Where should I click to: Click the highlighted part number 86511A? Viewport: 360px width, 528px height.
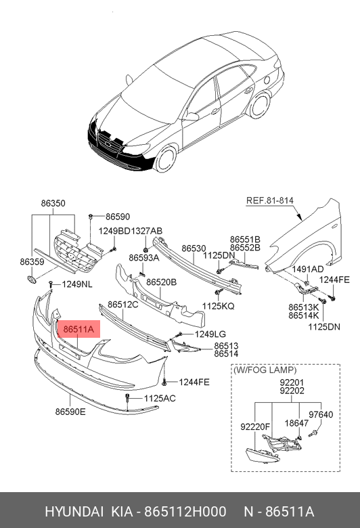coord(78,329)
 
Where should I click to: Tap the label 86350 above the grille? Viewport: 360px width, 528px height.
coord(53,203)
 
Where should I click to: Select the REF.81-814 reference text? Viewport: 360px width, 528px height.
coord(270,200)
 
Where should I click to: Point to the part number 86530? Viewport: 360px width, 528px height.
coord(194,248)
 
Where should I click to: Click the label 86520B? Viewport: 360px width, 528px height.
coord(161,282)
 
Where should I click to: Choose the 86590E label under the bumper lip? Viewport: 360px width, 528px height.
coord(70,412)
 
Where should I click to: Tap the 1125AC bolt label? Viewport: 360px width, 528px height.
coord(160,398)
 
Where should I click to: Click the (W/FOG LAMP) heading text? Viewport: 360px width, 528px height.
coord(265,370)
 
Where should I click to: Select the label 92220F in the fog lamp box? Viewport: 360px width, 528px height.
coord(255,426)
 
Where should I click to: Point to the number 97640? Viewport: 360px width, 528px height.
coord(321,414)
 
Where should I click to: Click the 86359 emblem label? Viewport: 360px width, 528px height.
coord(32,262)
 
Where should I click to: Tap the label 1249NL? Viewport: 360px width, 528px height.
coord(77,284)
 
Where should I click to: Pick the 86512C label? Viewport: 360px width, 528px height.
coord(123,305)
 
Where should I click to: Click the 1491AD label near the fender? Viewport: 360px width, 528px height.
coord(308,269)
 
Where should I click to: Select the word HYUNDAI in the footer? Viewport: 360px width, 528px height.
coord(74,512)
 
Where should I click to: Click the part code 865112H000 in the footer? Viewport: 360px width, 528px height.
coord(185,512)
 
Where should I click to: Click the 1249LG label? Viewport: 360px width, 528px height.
coord(210,334)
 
